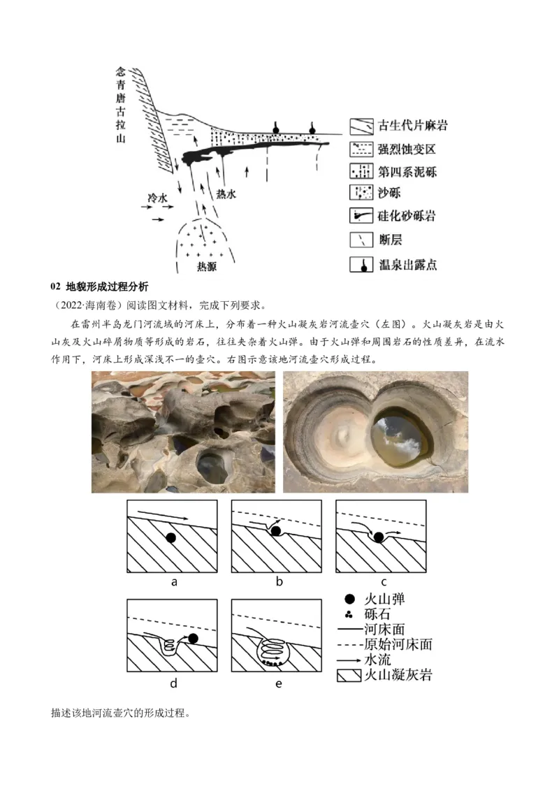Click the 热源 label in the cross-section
point(207,266)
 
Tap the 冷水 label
point(157,198)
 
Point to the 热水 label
point(226,194)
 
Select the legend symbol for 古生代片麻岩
point(361,126)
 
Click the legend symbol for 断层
point(361,240)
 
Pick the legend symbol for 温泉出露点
point(361,264)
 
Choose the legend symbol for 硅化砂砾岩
point(361,216)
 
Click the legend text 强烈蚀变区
point(407,150)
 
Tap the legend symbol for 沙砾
point(361,192)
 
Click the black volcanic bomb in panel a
point(171,538)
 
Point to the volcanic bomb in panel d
point(193,639)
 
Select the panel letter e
point(279,684)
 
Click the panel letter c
point(384,582)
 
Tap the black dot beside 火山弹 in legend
point(349,600)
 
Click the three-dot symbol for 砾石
point(349,614)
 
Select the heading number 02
point(55,287)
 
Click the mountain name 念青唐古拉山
point(121,104)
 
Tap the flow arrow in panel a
point(164,515)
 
